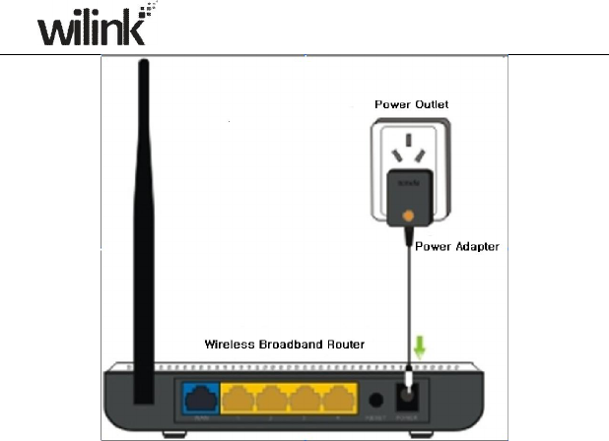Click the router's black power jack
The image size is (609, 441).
(x=404, y=402)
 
